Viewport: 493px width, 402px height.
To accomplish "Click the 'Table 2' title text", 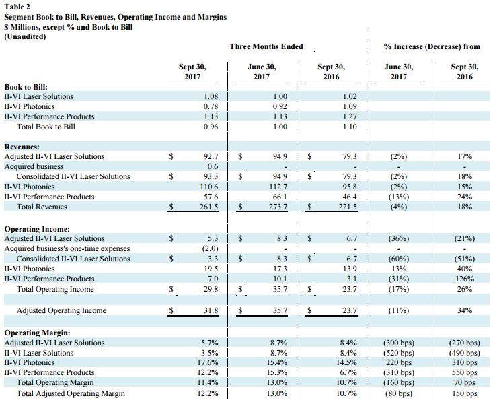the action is (x=17, y=7).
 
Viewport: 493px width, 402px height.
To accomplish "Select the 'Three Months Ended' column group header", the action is (x=266, y=46).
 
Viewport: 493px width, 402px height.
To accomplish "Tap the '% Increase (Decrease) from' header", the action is (x=432, y=46).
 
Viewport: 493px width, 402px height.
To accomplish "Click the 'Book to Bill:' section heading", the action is (x=26, y=87).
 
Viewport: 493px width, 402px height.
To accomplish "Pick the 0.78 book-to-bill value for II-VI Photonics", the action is (x=211, y=106).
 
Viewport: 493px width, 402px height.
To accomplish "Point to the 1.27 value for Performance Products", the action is (x=350, y=116).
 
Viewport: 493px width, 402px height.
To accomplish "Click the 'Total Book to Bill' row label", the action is (x=46, y=127).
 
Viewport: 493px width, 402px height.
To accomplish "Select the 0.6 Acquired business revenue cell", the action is (x=213, y=166).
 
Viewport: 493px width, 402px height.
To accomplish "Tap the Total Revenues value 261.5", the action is (x=208, y=207).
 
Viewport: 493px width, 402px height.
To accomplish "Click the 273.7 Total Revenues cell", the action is (x=278, y=207).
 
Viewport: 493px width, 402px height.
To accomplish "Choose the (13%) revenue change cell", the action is (x=399, y=197).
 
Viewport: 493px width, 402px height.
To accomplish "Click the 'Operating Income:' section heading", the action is (x=37, y=229).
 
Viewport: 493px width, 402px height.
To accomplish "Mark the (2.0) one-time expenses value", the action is (x=210, y=248).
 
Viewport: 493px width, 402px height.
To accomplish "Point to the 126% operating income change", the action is (x=465, y=279).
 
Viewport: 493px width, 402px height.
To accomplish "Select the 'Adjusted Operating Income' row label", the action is (x=61, y=310).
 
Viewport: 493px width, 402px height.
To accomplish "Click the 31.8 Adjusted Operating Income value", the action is (x=211, y=310).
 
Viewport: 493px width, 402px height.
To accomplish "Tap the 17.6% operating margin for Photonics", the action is (x=208, y=362).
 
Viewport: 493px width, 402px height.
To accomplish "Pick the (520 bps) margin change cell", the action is (x=399, y=353).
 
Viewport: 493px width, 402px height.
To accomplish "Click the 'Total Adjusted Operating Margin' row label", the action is (x=71, y=393).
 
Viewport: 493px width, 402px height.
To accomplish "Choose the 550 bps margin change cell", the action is (x=465, y=372).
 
